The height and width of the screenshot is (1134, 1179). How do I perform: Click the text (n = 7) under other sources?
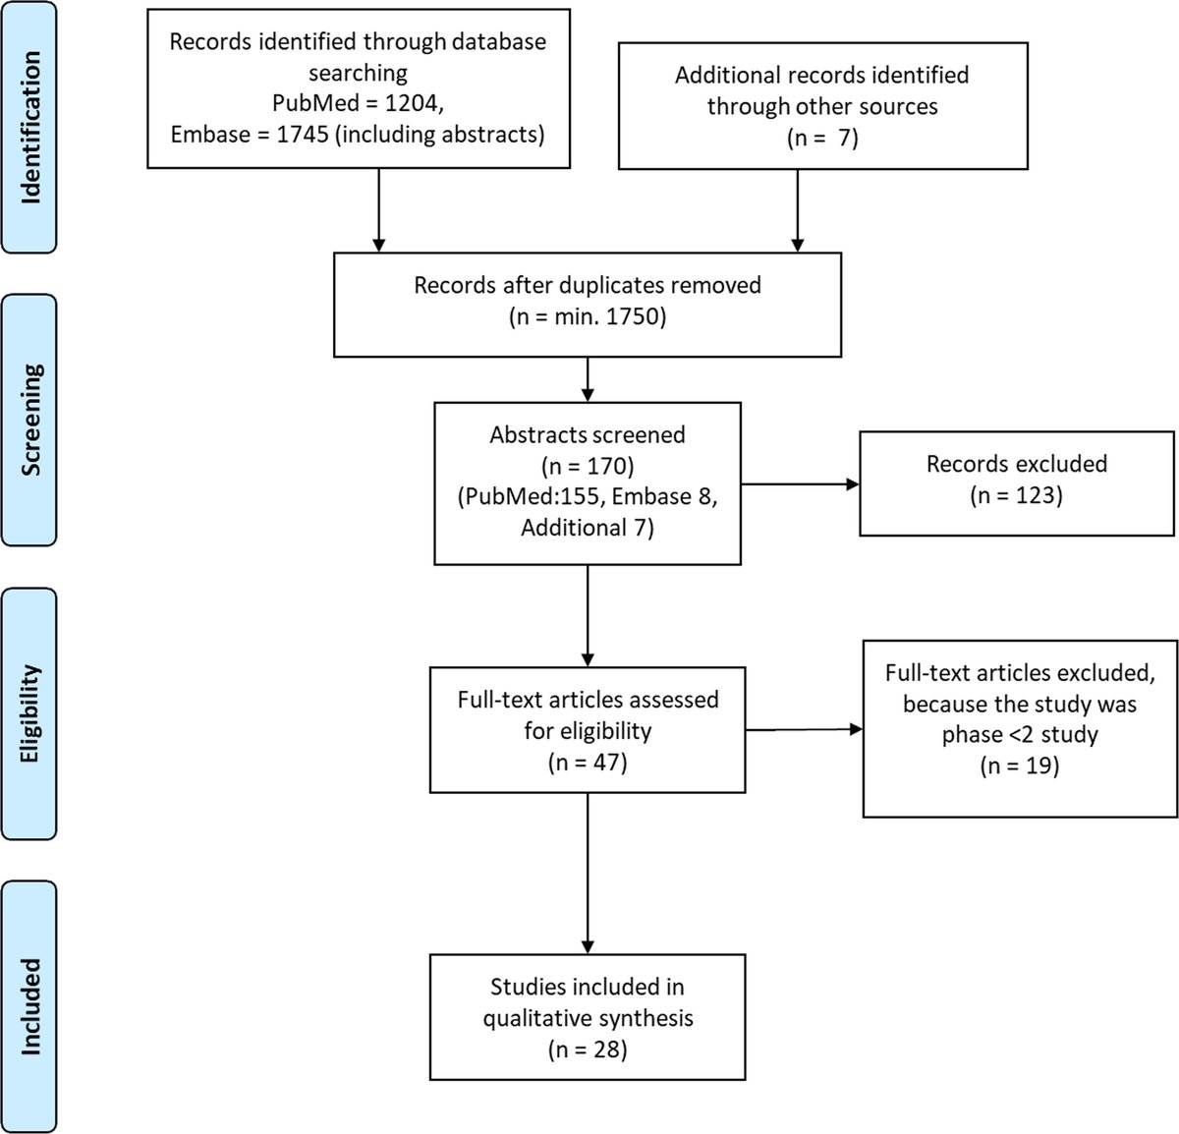pos(822,138)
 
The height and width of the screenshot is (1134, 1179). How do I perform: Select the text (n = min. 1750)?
pos(587,317)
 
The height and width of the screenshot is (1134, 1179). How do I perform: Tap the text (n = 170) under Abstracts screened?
pos(587,465)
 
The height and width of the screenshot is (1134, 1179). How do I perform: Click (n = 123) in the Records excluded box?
pos(1016,494)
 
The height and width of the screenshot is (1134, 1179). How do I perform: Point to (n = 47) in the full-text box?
pos(587,762)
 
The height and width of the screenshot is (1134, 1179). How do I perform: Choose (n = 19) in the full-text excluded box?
pos(1019,765)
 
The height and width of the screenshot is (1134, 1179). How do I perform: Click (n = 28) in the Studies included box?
pos(587,1049)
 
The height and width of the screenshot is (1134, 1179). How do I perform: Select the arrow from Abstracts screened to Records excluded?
pos(800,484)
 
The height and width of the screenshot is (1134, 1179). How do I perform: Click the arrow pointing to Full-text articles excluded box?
pos(804,729)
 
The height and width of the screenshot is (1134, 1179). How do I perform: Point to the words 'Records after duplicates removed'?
pos(587,285)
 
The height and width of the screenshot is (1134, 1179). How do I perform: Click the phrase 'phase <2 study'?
pos(1019,734)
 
